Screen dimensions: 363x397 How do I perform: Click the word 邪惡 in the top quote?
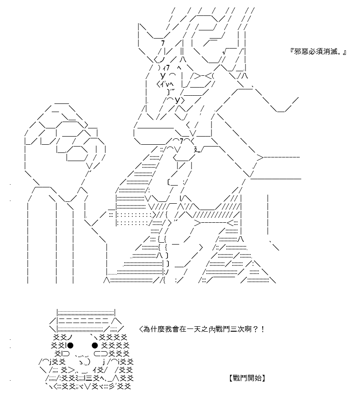[301, 52]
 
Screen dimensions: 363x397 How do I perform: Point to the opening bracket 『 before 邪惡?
[292, 52]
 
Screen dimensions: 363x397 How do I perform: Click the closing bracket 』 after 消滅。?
[344, 52]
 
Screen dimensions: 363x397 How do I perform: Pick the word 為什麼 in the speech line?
[154, 329]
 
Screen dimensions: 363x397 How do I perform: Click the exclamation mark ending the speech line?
[263, 329]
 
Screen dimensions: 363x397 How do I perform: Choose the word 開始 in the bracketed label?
[254, 378]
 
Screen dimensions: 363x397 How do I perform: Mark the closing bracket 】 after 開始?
[264, 378]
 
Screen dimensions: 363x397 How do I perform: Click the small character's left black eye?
[70, 345]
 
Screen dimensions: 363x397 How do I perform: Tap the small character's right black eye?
[95, 345]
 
